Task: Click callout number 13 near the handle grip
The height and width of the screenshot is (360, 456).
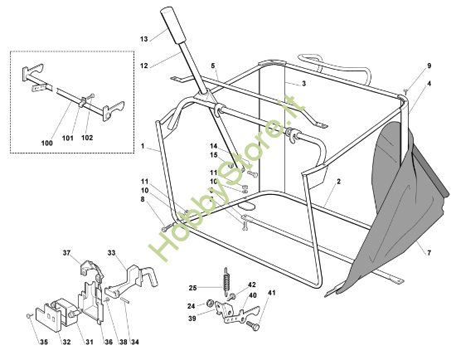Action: [143, 39]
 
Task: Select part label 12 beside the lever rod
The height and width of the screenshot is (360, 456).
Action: [143, 66]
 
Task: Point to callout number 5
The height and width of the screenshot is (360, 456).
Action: [212, 65]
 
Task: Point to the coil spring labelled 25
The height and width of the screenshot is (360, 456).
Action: [223, 277]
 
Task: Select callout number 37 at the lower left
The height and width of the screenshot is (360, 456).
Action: [68, 252]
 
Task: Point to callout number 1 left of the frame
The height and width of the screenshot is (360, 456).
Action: [143, 147]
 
